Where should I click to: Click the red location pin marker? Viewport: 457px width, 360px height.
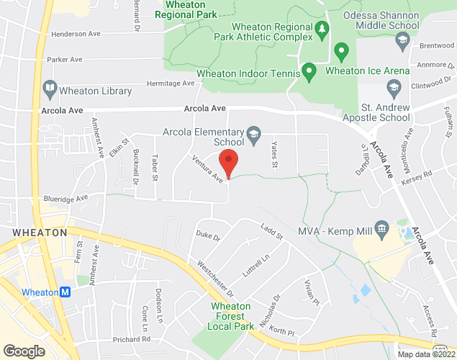coord(228,163)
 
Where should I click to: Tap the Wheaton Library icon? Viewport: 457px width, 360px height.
coord(50,91)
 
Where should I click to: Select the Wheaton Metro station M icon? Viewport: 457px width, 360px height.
coord(65,292)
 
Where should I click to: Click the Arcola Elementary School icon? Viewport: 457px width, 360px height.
coord(253,133)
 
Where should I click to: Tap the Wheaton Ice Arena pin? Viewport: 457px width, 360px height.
coord(342,51)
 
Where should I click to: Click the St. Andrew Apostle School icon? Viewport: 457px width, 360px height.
coord(393,88)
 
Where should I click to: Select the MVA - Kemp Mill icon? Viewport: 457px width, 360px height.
coord(382,228)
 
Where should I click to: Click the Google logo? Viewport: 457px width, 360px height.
coord(23,351)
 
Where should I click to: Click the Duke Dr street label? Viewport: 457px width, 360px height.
coord(208,235)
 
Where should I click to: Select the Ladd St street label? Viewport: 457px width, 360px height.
coord(272,232)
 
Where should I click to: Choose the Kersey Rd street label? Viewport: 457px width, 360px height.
coord(418,179)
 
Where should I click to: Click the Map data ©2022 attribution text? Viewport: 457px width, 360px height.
coord(426,354)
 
